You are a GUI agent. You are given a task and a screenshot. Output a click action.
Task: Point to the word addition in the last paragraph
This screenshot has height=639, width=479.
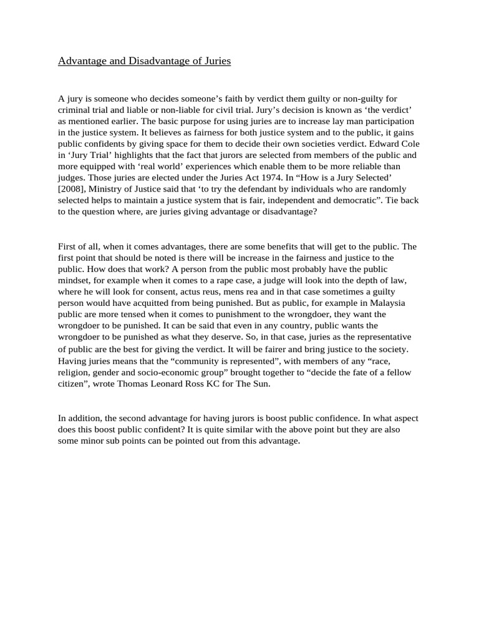(84, 419)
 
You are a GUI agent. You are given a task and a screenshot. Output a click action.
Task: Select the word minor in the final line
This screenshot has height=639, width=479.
(93, 441)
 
